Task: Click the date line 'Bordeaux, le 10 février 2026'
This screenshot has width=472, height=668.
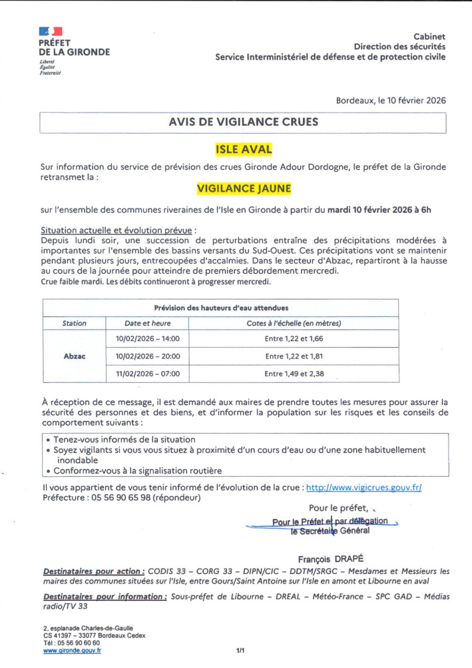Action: click(391, 100)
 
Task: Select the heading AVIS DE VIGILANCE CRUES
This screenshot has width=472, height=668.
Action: click(243, 122)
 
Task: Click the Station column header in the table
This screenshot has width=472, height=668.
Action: click(74, 323)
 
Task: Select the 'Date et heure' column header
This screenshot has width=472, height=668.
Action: click(147, 323)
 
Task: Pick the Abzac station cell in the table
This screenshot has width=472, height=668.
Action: click(74, 356)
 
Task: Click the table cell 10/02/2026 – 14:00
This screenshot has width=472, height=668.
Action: click(147, 339)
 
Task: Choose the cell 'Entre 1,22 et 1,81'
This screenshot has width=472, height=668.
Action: click(293, 356)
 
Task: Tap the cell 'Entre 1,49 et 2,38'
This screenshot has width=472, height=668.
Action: click(293, 374)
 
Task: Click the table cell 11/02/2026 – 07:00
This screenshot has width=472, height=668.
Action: click(147, 374)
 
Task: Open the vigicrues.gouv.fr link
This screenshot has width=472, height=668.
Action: click(363, 488)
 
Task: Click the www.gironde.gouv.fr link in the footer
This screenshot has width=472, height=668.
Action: click(72, 651)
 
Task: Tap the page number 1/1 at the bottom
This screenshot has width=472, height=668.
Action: click(240, 650)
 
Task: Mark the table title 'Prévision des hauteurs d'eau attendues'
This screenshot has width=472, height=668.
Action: click(221, 308)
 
